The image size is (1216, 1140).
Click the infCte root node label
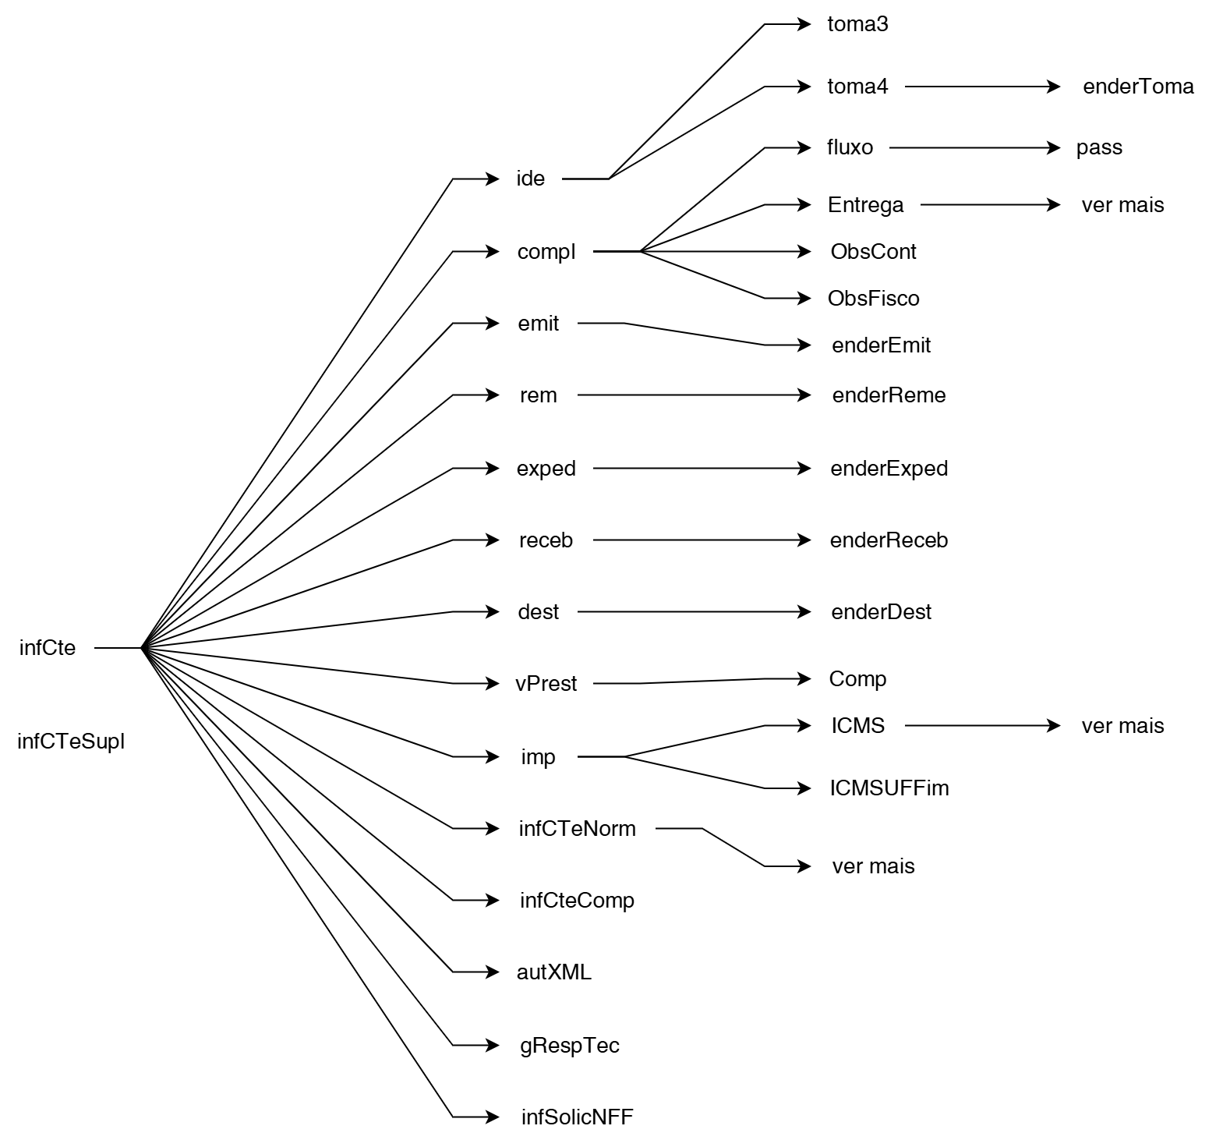click(48, 648)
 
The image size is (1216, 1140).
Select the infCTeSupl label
click(71, 742)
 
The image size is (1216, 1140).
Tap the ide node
click(531, 179)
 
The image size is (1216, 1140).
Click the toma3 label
click(857, 24)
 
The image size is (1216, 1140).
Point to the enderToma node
click(1138, 87)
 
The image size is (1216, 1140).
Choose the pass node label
click(1099, 147)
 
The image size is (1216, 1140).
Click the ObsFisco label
click(873, 299)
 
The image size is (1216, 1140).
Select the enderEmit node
click(881, 345)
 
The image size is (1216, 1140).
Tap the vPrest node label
click(546, 684)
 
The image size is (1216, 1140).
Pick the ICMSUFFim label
click(889, 788)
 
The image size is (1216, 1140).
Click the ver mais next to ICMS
click(1122, 726)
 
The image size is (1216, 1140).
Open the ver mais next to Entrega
click(1122, 205)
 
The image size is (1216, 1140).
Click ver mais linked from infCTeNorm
click(873, 866)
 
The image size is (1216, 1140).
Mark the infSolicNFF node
click(577, 1117)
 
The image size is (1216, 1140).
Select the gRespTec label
click(570, 1046)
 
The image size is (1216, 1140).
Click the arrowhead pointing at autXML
click(493, 972)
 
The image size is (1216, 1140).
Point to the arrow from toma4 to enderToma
click(982, 87)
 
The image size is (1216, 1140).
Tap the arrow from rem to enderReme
click(694, 395)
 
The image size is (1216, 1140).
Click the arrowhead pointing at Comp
click(804, 679)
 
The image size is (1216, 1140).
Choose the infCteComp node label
click(577, 901)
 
